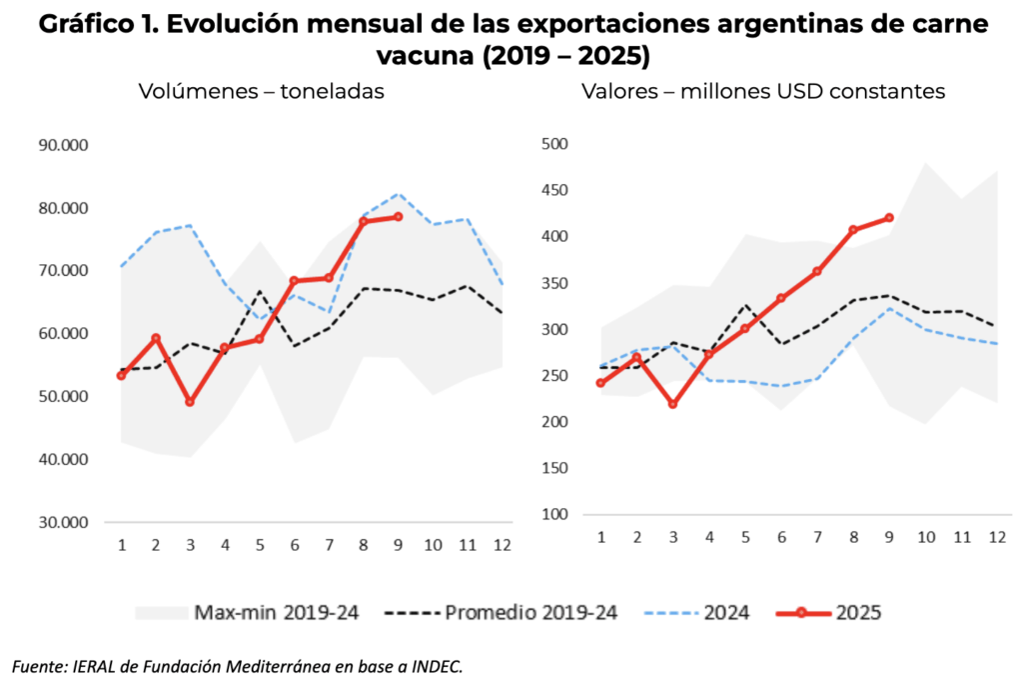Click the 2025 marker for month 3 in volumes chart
190,402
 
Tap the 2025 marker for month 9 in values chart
889,218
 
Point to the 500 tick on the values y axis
554,144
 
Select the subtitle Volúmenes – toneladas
262,91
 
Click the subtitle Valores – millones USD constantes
763,91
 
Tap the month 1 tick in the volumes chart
122,545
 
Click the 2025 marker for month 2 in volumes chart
156,338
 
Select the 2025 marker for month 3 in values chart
672,405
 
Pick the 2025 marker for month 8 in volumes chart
365,221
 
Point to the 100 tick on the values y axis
554,515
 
